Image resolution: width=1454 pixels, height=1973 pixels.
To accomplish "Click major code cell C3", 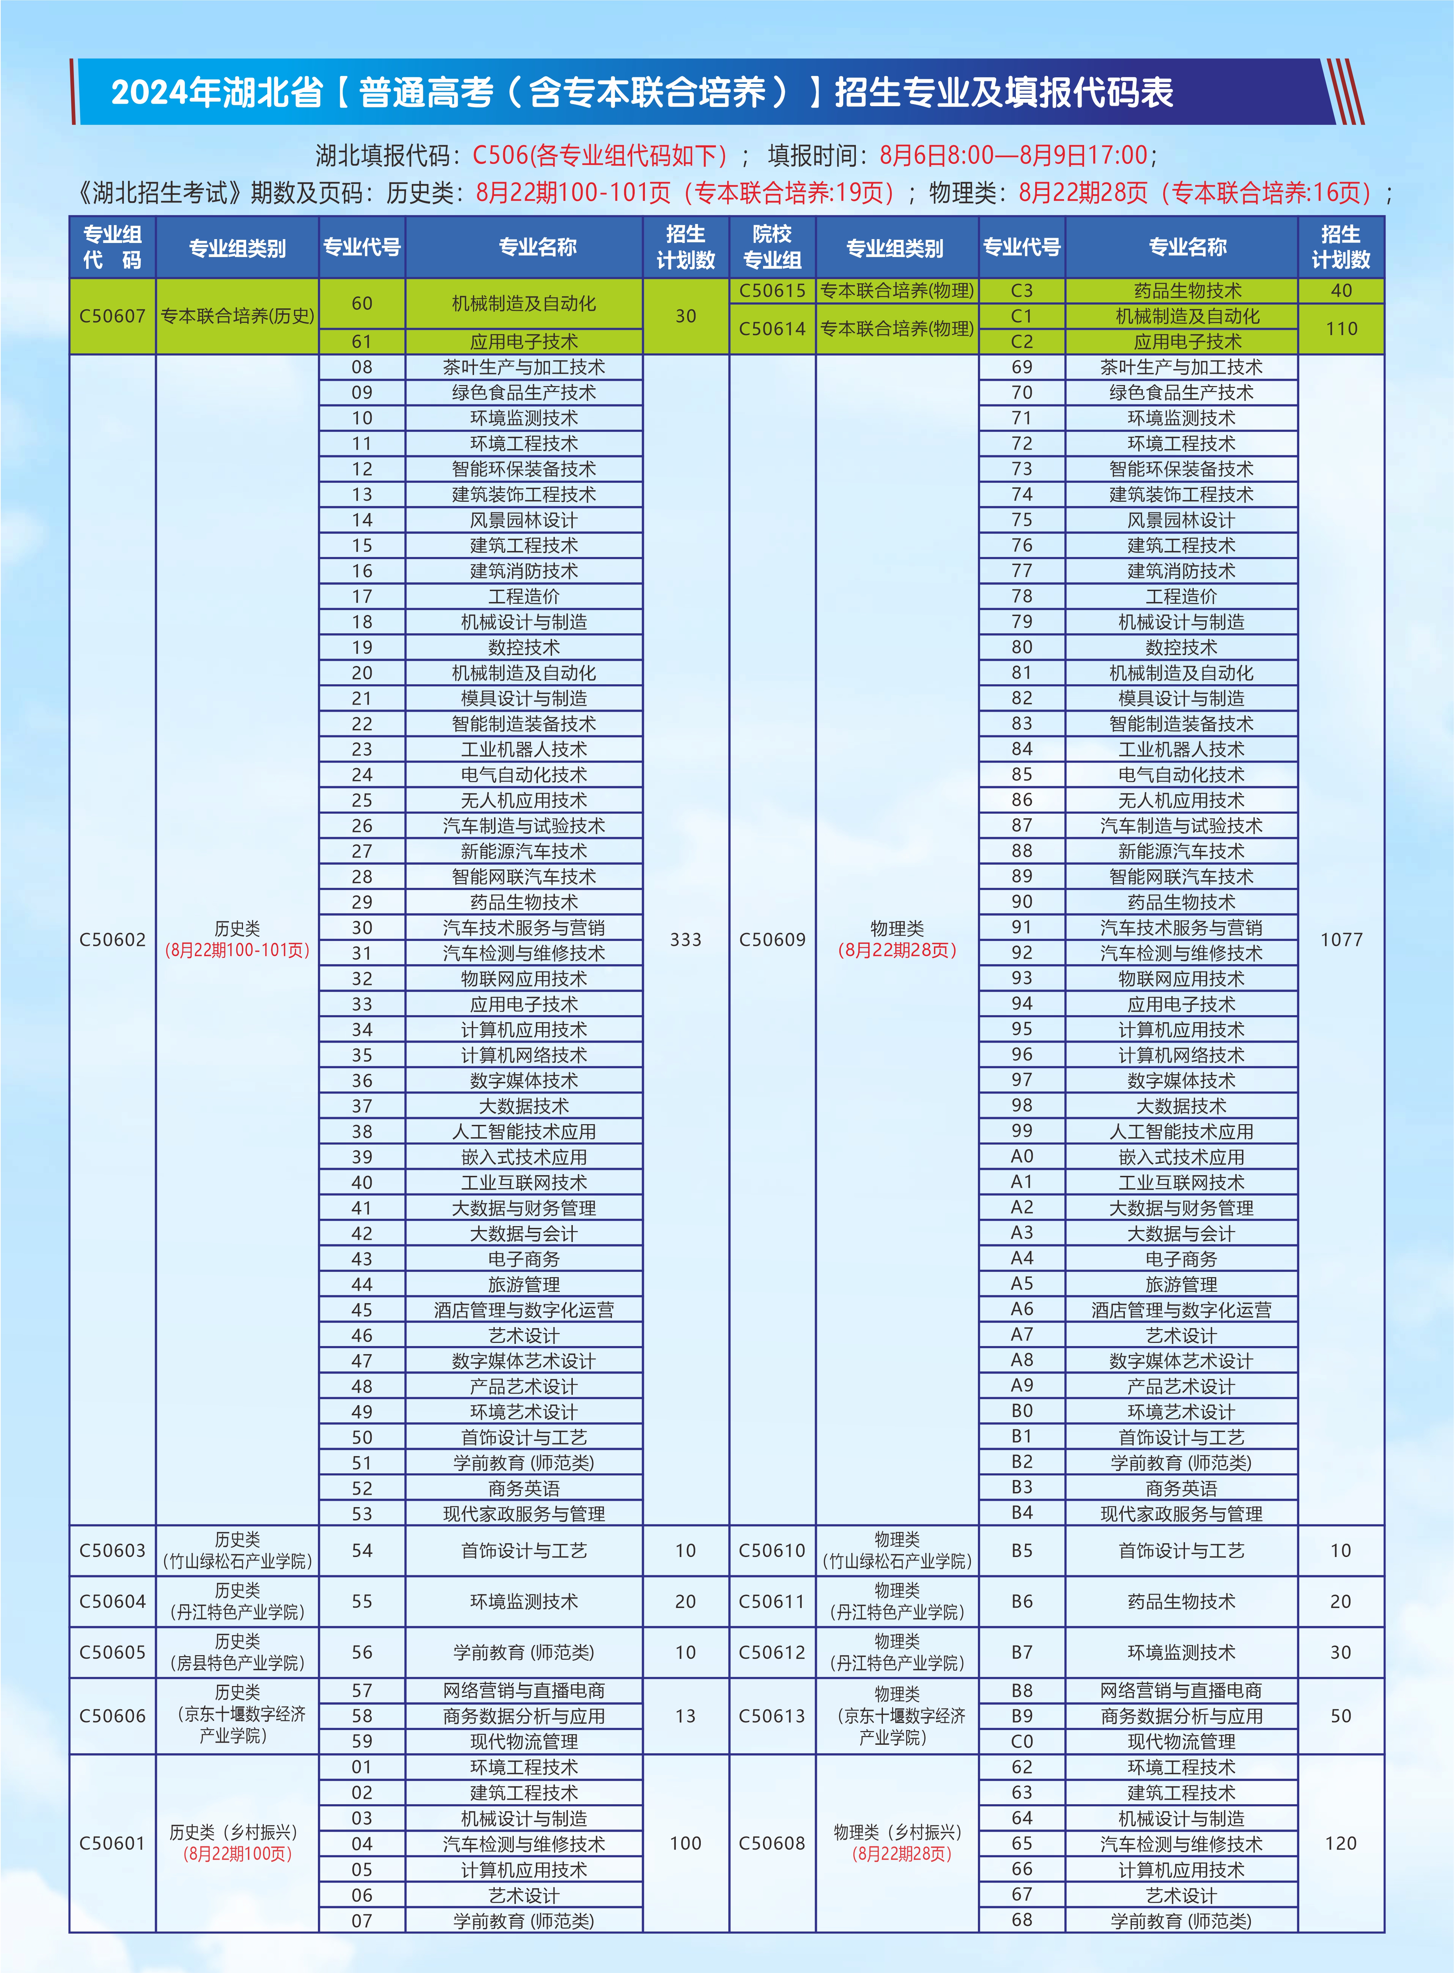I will (x=1022, y=290).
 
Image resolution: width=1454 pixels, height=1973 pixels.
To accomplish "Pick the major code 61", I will (x=362, y=341).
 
